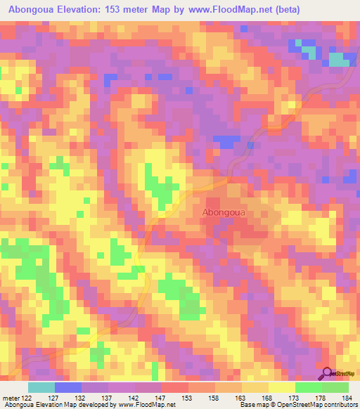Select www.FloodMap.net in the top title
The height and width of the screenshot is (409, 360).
click(x=235, y=10)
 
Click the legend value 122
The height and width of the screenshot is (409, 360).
click(x=26, y=398)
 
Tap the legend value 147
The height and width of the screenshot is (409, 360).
click(x=149, y=398)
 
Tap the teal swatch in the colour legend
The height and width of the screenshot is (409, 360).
click(x=41, y=387)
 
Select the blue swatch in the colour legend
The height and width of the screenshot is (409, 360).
click(x=68, y=387)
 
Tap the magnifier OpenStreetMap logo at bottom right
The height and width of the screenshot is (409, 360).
click(x=337, y=374)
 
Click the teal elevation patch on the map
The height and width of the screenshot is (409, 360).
click(x=340, y=60)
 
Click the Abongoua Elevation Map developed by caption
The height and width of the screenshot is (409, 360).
click(x=63, y=405)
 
